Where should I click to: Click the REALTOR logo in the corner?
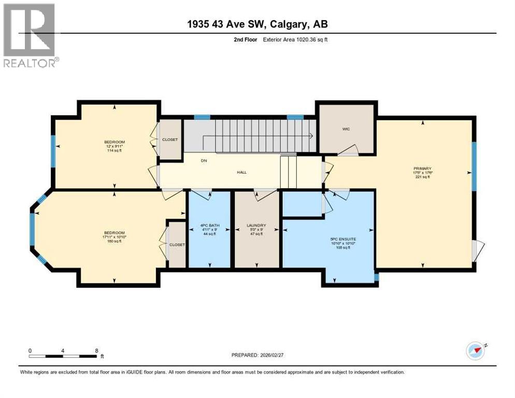(x=30, y=35)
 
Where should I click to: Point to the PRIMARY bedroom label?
(x=422, y=168)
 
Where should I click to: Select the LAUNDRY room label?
(x=256, y=225)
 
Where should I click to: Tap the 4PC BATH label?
(x=209, y=225)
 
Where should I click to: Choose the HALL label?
(x=241, y=173)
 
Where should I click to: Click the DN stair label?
(x=204, y=161)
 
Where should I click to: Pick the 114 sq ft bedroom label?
(x=115, y=142)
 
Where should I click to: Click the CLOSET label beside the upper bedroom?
(x=170, y=139)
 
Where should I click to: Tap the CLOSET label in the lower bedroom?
(x=177, y=245)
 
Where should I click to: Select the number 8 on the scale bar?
(x=97, y=350)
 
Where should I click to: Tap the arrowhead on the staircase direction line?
(x=310, y=136)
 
